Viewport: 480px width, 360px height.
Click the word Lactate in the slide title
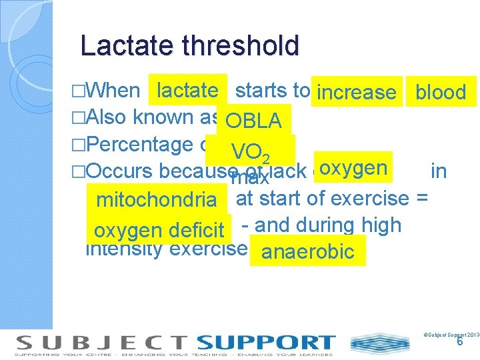[x=124, y=46]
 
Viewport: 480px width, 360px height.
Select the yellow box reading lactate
[x=187, y=90]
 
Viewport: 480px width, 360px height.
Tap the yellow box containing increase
[x=357, y=92]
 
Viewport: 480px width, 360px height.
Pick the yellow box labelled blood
[x=441, y=92]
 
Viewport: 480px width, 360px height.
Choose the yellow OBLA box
[x=254, y=121]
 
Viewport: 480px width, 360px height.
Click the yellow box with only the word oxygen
[x=353, y=167]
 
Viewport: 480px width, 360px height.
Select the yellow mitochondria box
[x=157, y=199]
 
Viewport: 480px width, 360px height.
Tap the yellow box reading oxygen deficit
[x=159, y=230]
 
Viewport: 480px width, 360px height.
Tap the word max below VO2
[x=250, y=178]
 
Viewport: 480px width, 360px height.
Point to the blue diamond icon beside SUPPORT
[x=371, y=344]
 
